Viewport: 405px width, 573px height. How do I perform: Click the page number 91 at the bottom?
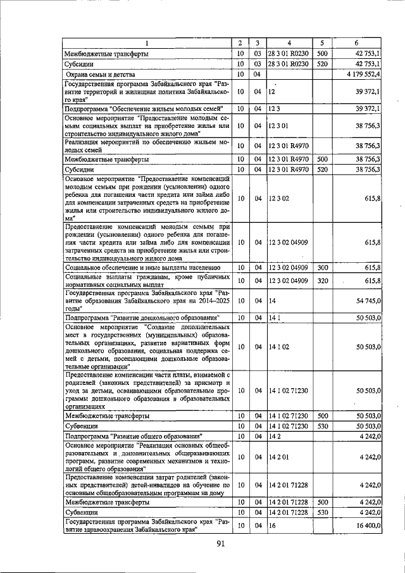(x=221, y=543)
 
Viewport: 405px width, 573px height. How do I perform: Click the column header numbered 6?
(x=358, y=42)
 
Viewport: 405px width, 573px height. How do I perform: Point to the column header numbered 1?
(x=147, y=42)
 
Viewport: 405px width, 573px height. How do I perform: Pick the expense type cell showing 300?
(x=321, y=268)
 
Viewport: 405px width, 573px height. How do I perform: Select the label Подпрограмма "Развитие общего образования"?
(x=134, y=436)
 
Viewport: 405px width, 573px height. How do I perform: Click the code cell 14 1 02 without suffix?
(x=278, y=346)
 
